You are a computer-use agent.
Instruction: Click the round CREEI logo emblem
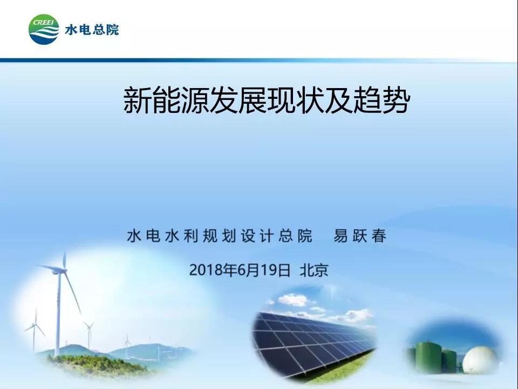44,29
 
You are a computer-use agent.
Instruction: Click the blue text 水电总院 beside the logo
92,30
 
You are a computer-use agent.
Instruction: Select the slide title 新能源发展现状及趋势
267,100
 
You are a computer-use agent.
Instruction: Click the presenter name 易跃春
359,236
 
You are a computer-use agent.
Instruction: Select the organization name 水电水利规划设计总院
220,236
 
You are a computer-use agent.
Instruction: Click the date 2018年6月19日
240,270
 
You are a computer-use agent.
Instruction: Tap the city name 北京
314,270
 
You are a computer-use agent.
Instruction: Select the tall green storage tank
428,357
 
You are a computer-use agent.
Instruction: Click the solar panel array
312,344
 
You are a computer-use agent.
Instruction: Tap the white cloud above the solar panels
292,300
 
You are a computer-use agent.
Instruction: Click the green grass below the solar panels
340,369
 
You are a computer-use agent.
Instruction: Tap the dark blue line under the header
258,60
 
